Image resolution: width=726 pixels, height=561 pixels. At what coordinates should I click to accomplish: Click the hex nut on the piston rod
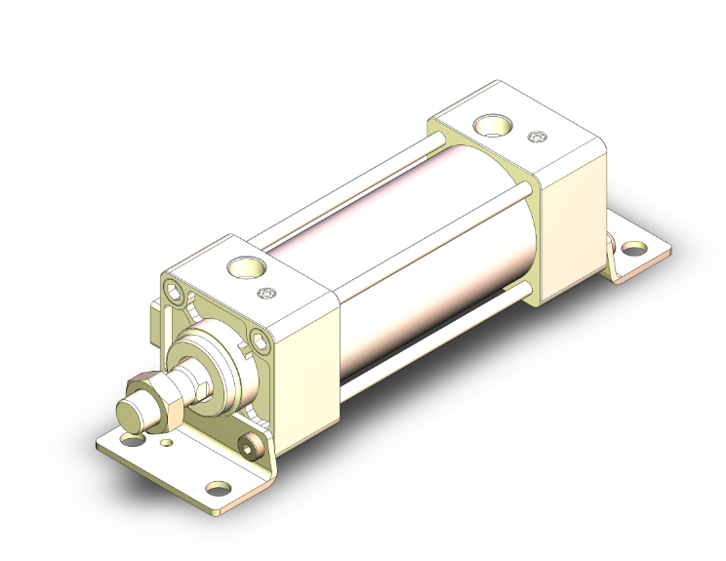coord(156,399)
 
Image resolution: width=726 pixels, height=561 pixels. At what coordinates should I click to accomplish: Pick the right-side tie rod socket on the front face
coord(259,341)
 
